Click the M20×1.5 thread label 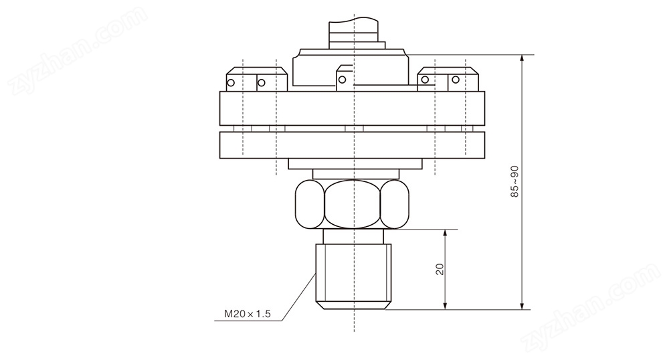coord(248,314)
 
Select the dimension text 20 coord(440,269)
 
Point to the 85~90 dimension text coord(515,181)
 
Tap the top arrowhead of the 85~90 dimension coord(522,58)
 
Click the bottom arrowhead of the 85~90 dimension coord(522,306)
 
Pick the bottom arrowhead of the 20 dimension coord(445,306)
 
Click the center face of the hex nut coord(353,204)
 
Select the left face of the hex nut coord(310,204)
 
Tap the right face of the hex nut coord(395,204)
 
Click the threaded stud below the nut coord(353,276)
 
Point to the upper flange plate coord(352,108)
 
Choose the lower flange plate coord(352,145)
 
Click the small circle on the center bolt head coord(342,80)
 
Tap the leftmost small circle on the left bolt coord(231,83)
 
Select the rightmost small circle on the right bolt coord(456,80)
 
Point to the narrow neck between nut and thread coord(353,236)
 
